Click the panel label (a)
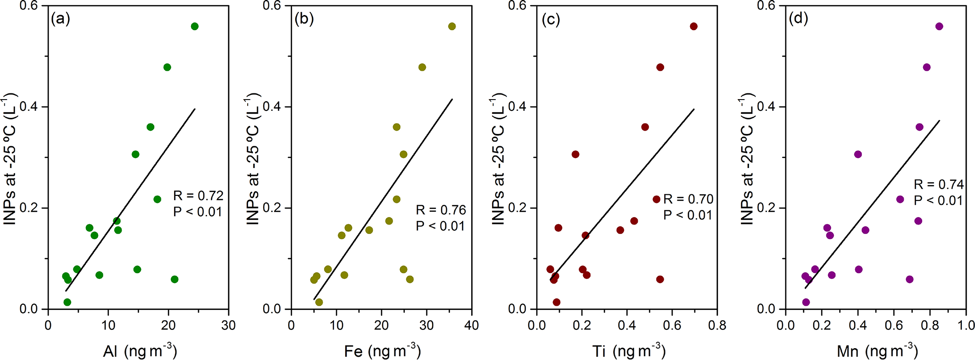click(x=60, y=19)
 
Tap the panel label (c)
click(x=550, y=19)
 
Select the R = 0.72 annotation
click(x=198, y=195)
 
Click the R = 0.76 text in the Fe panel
click(x=441, y=210)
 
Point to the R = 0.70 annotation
click(x=688, y=199)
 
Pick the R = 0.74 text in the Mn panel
click(x=939, y=184)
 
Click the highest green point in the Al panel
click(x=195, y=26)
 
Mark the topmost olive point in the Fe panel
click(x=452, y=26)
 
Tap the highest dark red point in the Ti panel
click(x=693, y=26)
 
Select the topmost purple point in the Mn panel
click(x=939, y=26)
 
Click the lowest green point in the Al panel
click(x=67, y=302)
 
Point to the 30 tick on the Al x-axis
click(x=228, y=325)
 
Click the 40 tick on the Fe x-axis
click(x=472, y=325)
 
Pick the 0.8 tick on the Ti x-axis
click(x=717, y=325)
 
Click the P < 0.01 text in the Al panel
click(x=198, y=211)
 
